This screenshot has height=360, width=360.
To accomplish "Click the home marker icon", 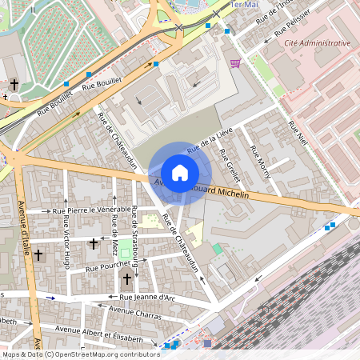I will coord(180,173).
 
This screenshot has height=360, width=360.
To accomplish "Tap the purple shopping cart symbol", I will coord(234,63).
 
